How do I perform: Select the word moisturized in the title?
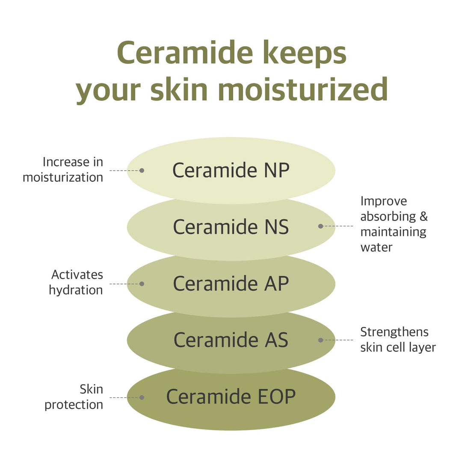click(302, 90)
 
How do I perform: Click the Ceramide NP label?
click(231, 170)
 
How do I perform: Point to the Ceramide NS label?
click(231, 227)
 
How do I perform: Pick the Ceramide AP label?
click(231, 284)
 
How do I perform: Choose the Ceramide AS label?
click(231, 340)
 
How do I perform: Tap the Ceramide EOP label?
click(231, 397)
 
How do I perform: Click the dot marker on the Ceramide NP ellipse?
click(142, 170)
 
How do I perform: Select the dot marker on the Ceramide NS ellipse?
click(320, 226)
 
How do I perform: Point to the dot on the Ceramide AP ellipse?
click(142, 284)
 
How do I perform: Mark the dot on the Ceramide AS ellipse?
click(320, 340)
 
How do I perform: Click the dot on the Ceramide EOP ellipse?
click(142, 397)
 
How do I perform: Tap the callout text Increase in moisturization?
click(63, 170)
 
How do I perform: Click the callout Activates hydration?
click(76, 282)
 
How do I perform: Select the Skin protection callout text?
click(74, 397)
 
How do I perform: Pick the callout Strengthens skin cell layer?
click(397, 339)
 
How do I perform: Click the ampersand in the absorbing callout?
click(423, 216)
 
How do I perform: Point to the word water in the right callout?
click(376, 247)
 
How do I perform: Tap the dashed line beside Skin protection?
click(124, 397)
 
